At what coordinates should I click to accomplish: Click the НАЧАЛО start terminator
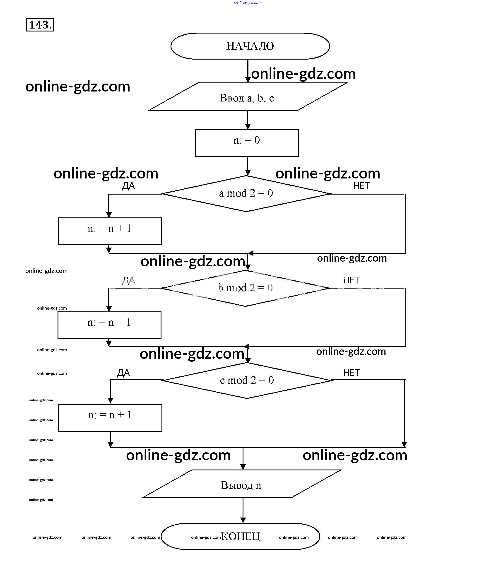(250, 46)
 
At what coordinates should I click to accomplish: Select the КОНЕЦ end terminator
(240, 536)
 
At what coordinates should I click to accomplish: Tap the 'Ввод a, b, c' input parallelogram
(247, 97)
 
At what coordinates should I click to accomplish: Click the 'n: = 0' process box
(247, 143)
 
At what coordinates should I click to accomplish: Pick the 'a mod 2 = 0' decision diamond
(246, 193)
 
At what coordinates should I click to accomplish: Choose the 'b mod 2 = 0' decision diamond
(245, 288)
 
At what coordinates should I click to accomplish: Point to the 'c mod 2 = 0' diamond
(247, 380)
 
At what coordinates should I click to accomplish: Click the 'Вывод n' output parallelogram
(241, 485)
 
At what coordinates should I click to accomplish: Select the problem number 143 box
(40, 25)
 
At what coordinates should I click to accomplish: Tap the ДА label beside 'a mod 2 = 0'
(128, 186)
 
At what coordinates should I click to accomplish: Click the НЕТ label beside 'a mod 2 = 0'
(361, 186)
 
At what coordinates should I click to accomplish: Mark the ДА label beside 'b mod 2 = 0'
(128, 280)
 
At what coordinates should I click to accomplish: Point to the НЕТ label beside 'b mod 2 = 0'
(352, 280)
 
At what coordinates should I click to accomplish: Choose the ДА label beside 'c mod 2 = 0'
(123, 373)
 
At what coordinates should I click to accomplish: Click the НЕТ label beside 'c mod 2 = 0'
(352, 373)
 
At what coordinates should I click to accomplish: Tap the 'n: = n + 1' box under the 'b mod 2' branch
(109, 325)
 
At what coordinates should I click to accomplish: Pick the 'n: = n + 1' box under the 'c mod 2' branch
(110, 418)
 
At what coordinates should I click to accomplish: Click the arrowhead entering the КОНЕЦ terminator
(243, 520)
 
